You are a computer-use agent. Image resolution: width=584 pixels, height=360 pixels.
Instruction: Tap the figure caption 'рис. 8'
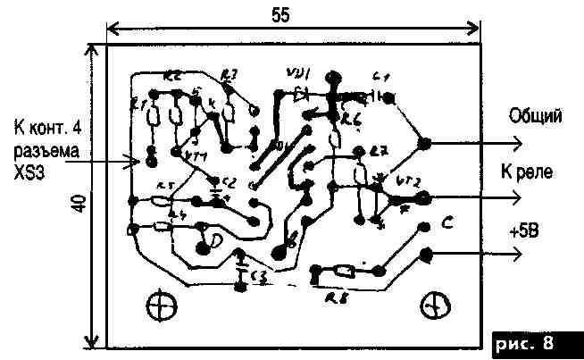(536, 342)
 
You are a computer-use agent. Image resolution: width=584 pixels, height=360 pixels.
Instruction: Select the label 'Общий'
(535, 116)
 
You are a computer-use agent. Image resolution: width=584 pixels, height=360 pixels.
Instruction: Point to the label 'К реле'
(534, 172)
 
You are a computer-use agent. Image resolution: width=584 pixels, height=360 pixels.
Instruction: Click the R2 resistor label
(172, 77)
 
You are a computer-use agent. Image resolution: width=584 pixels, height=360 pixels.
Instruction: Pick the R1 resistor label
(138, 104)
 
